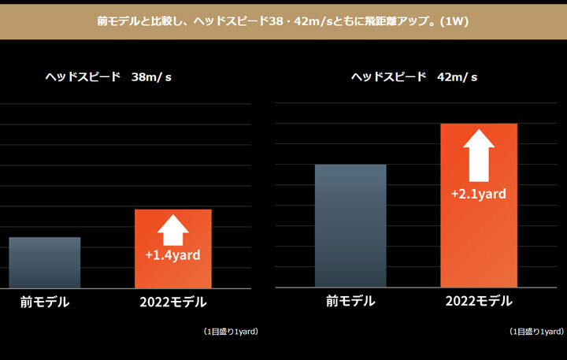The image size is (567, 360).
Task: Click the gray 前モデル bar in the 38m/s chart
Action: click(x=45, y=262)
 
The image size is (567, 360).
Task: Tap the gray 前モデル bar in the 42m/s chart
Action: click(x=350, y=225)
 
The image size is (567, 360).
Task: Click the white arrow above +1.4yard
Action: click(x=173, y=230)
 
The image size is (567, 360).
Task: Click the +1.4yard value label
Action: click(x=173, y=255)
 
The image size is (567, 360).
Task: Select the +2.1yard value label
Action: click(x=478, y=193)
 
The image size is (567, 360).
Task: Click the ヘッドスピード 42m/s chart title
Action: click(x=414, y=77)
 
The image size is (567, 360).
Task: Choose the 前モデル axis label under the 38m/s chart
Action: click(x=45, y=302)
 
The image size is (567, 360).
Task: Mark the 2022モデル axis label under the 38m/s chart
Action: click(x=173, y=302)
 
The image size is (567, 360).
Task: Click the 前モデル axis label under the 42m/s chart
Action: click(x=350, y=302)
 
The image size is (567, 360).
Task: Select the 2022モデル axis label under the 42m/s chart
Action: click(x=479, y=302)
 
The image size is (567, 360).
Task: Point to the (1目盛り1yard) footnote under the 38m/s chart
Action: click(x=230, y=332)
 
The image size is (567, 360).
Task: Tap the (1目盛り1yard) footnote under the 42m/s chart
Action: click(x=536, y=332)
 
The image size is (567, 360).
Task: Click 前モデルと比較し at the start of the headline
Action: click(x=135, y=21)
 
